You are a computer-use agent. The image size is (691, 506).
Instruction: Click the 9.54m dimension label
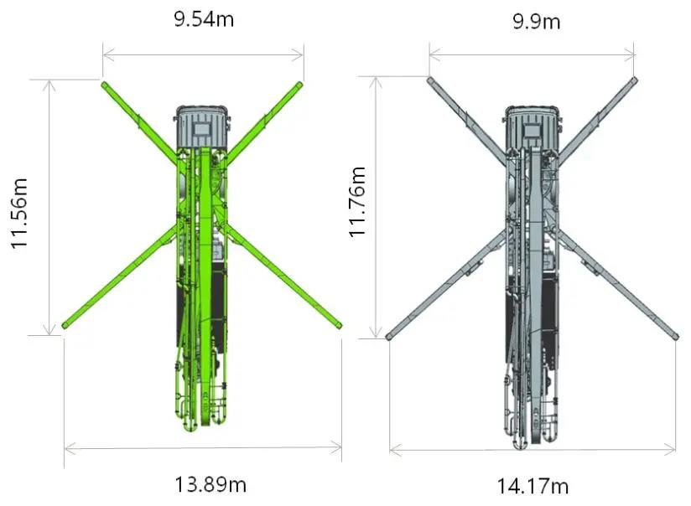pyautogui.click(x=204, y=19)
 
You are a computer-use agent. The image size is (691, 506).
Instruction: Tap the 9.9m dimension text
pyautogui.click(x=537, y=21)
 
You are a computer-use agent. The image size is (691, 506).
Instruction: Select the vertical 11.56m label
pyautogui.click(x=20, y=214)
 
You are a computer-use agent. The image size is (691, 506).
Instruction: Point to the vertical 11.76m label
pyautogui.click(x=357, y=202)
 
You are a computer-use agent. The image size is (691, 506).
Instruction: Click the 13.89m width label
pyautogui.click(x=210, y=484)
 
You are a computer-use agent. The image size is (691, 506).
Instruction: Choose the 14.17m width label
pyautogui.click(x=533, y=486)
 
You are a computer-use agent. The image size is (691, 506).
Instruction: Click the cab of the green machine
pyautogui.click(x=203, y=126)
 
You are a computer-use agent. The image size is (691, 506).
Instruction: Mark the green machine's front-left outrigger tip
pyautogui.click(x=104, y=84)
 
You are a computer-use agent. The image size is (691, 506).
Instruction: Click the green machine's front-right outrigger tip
pyautogui.click(x=300, y=84)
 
